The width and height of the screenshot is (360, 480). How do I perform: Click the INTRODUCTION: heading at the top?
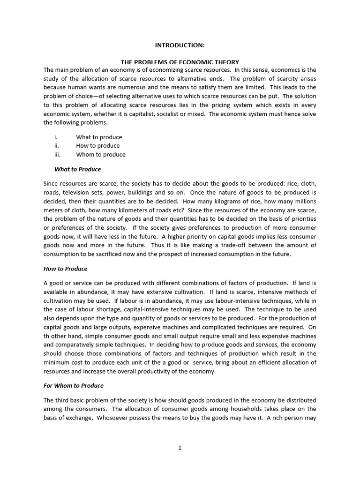coord(180,45)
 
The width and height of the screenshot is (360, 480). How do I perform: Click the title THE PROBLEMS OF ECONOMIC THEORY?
coord(180,62)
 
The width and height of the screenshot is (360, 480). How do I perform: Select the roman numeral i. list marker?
coord(56,137)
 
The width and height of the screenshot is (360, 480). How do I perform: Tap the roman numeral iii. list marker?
coord(57,155)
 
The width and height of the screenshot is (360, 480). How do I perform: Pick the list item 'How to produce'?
coord(98,146)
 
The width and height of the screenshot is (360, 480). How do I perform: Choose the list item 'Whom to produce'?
coord(101,155)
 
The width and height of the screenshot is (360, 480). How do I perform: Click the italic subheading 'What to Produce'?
coord(77,169)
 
